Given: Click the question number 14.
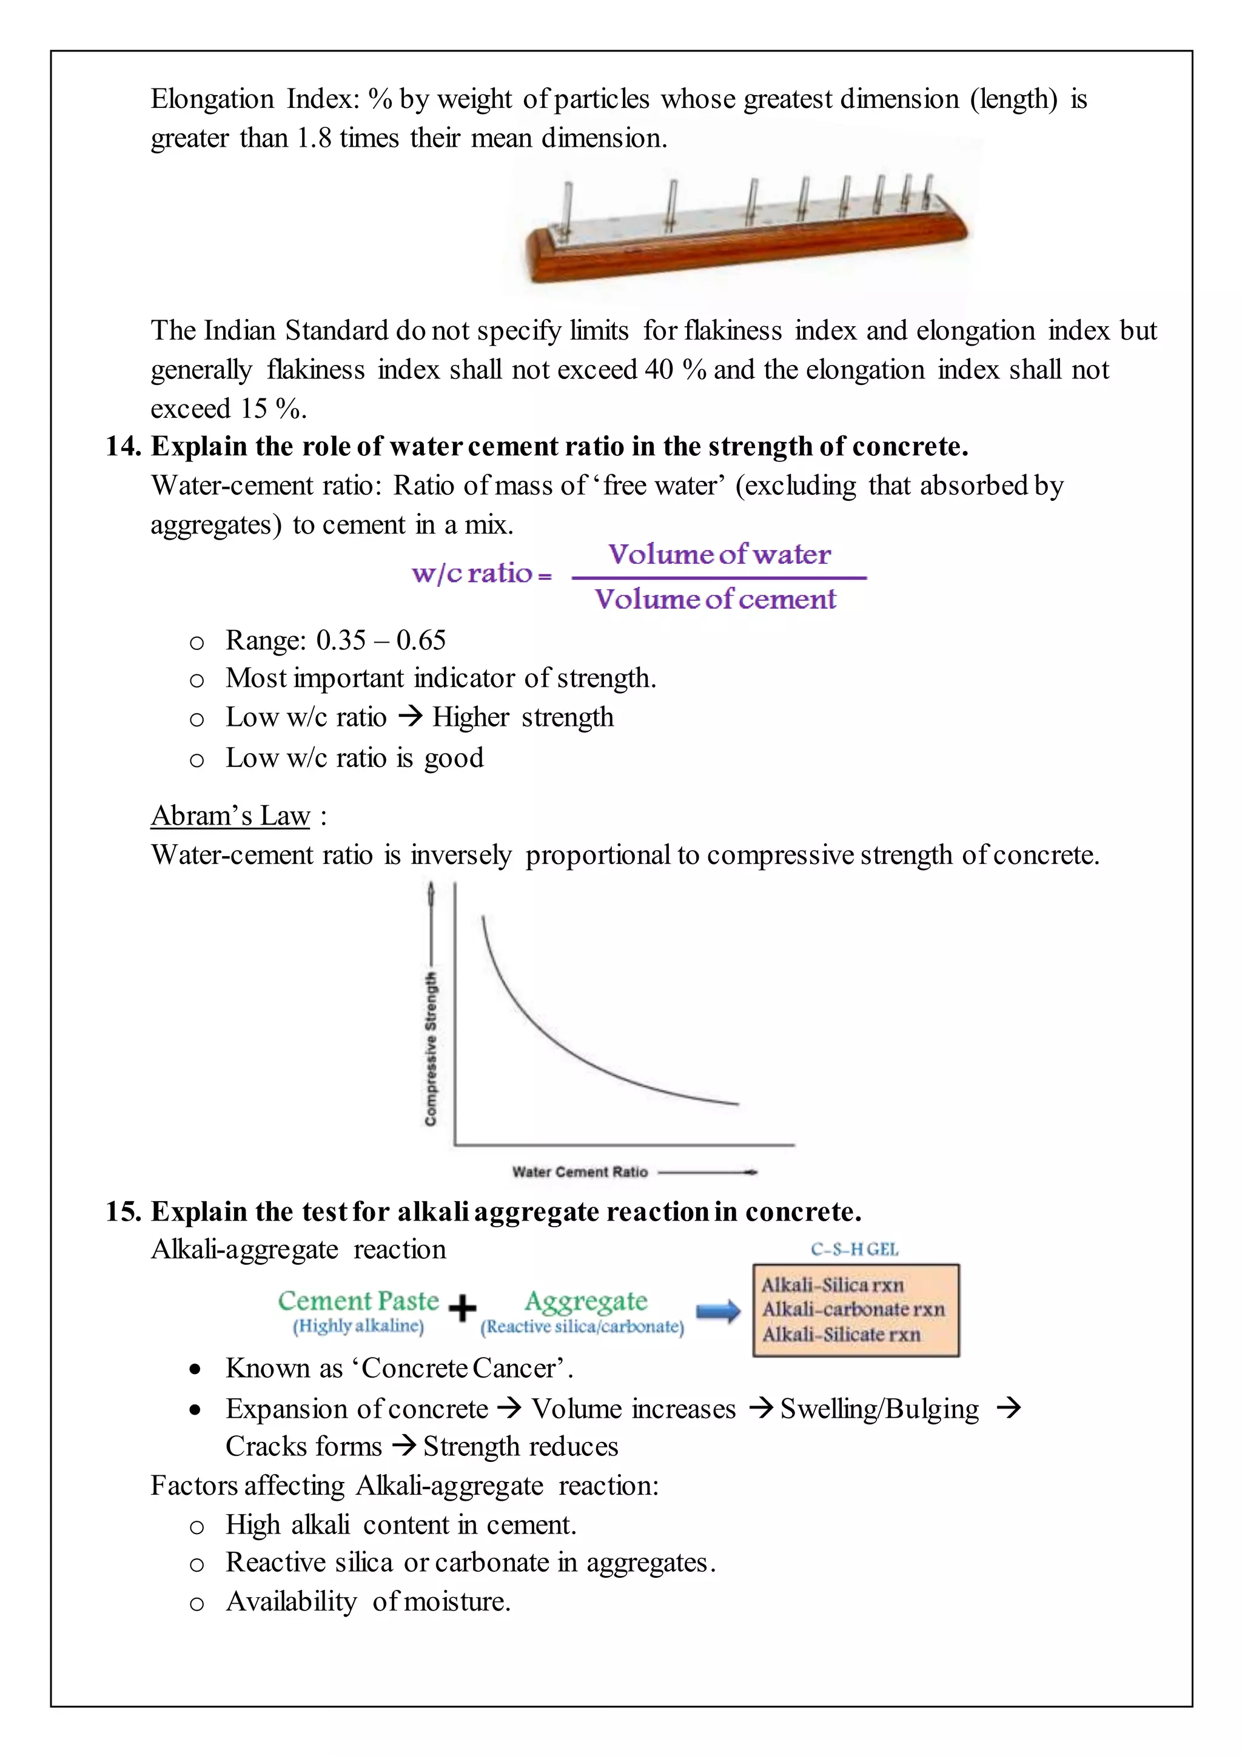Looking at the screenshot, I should coord(123,447).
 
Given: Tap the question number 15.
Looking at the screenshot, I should coord(123,1211).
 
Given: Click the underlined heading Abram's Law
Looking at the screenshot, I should coord(230,816).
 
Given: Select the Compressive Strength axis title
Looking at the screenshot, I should coord(431,1048).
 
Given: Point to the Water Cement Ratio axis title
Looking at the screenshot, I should coord(580,1171).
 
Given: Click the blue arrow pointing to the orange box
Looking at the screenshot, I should coord(718,1312).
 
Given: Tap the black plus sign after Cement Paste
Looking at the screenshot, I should coord(462,1309).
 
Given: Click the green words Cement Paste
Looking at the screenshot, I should coord(358,1301).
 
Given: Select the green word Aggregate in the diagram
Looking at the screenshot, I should coord(586,1301).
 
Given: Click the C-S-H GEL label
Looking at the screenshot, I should coord(854,1250).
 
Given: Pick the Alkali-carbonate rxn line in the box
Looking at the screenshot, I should coord(853,1309).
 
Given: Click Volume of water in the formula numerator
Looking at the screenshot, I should coord(719,554).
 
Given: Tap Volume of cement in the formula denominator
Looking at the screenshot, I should coord(716,599).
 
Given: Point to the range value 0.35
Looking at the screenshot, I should coord(341,640).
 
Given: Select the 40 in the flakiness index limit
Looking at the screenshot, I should coord(659,370).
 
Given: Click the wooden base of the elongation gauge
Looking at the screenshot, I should coord(742,256).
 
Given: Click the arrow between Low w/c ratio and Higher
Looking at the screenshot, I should coord(410,717).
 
